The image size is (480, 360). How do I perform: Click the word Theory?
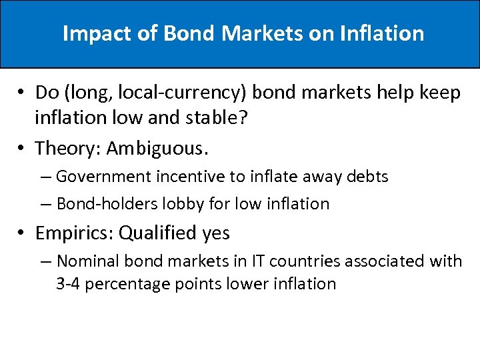tap(67, 147)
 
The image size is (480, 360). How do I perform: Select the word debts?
tap(367, 177)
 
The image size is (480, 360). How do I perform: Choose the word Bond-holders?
tap(101, 203)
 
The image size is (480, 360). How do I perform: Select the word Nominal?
tap(85, 261)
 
